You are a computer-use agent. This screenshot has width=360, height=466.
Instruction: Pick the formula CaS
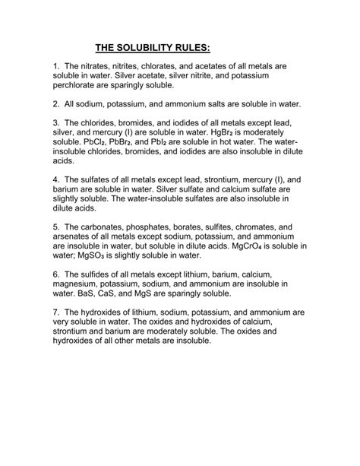coord(114,293)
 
